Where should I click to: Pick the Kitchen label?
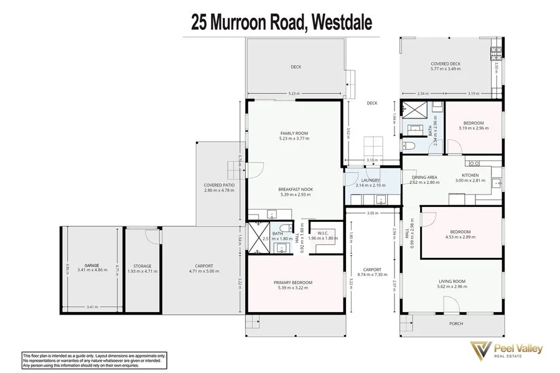click(470, 175)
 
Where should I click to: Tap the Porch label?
click(457, 324)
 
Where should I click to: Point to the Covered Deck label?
click(446, 63)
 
